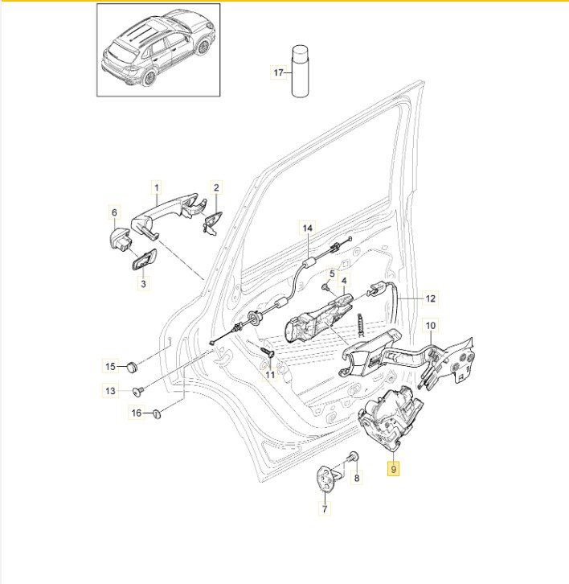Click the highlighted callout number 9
(394, 467)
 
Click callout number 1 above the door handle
(158, 188)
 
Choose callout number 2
(216, 188)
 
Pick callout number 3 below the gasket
(144, 283)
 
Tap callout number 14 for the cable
(306, 228)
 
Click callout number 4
(344, 282)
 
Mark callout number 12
(430, 298)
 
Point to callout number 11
(270, 374)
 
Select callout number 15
(112, 367)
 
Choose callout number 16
(137, 413)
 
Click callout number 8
(358, 477)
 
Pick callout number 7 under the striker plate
(325, 508)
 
